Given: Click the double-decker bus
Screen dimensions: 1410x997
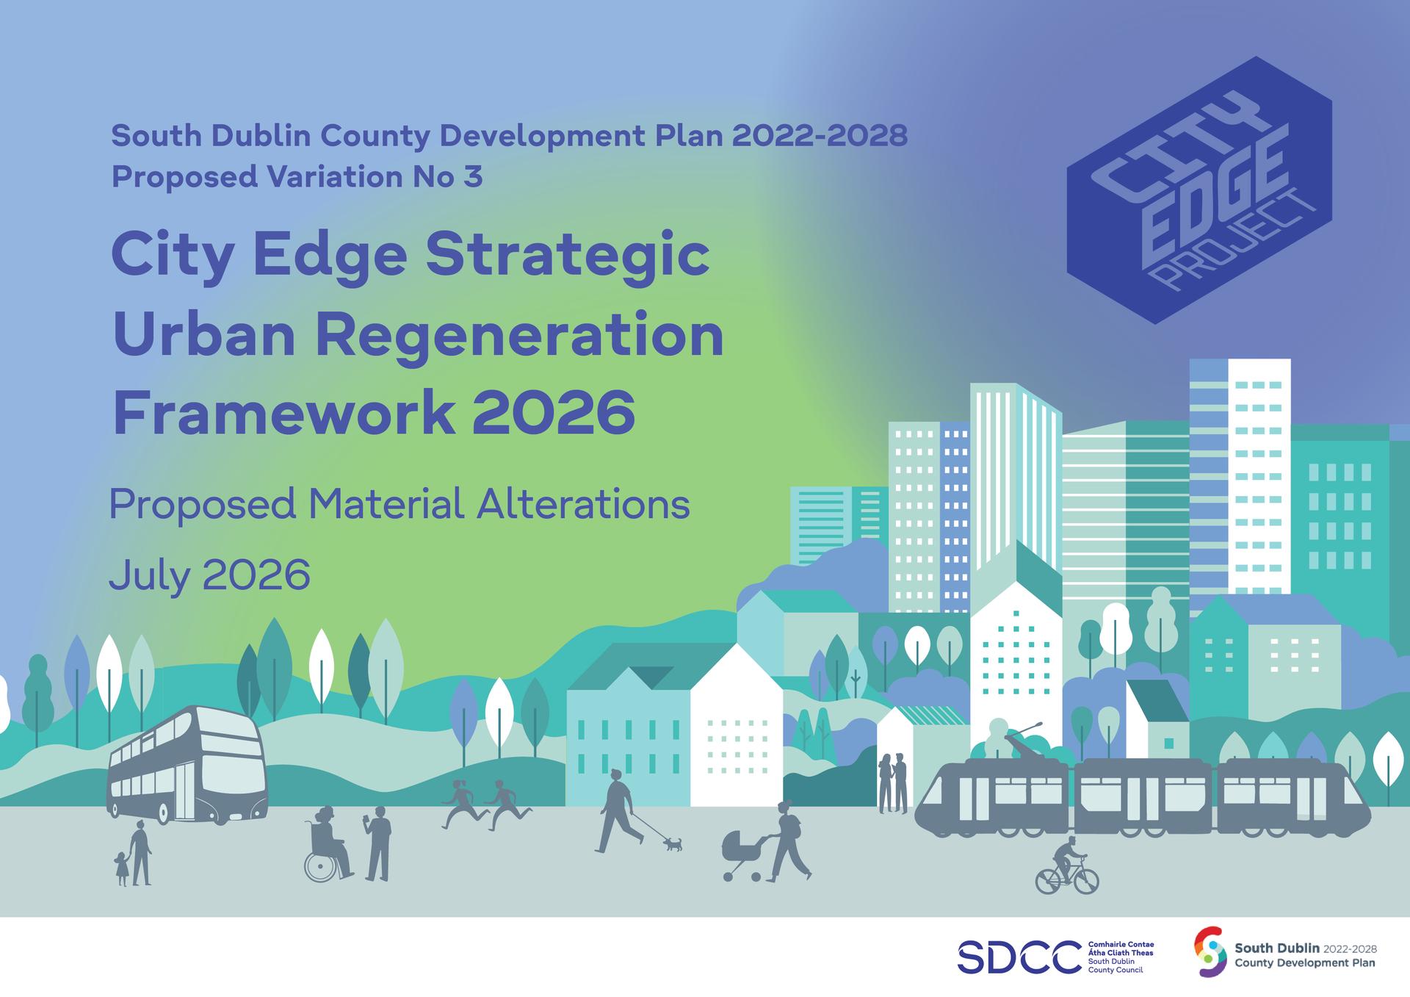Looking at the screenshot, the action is click(187, 764).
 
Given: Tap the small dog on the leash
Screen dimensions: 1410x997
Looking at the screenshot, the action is click(673, 844).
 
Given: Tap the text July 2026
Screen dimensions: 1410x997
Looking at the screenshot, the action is click(209, 575).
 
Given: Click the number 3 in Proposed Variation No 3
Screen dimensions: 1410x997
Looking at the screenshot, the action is click(473, 177).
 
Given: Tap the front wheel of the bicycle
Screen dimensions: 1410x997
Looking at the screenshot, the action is click(1085, 880).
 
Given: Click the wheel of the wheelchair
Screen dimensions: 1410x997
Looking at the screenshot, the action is click(319, 868).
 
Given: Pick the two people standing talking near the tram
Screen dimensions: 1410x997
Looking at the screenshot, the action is click(893, 783).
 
